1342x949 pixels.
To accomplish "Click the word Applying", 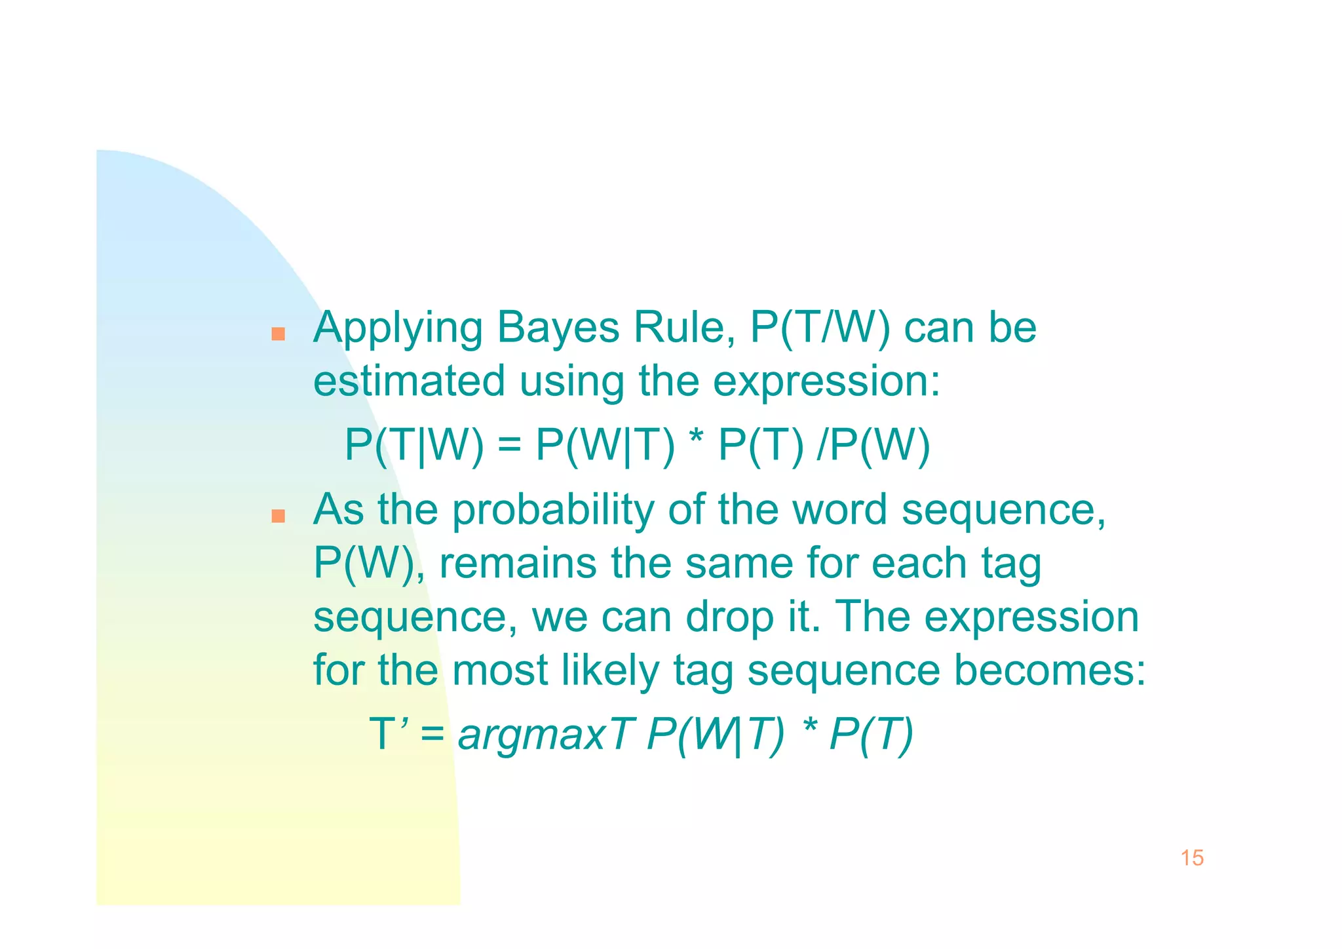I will click(397, 328).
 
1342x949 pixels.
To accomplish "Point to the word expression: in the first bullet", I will click(826, 382).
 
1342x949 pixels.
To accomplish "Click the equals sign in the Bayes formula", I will click(509, 446).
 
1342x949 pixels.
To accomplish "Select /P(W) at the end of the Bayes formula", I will click(873, 446).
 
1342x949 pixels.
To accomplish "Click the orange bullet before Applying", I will click(278, 334).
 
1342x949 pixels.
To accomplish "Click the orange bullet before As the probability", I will click(278, 516).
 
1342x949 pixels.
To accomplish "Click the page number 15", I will click(1192, 858).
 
